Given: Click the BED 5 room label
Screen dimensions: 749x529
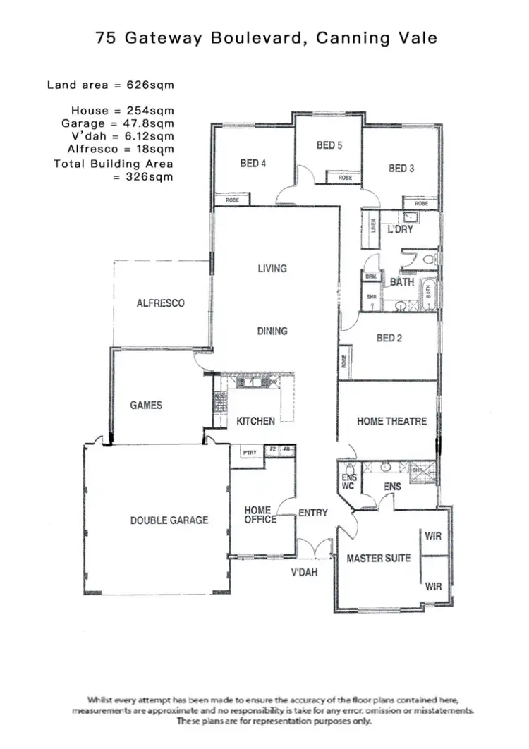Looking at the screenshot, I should (329, 145).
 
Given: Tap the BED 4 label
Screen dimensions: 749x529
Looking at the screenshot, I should (253, 164).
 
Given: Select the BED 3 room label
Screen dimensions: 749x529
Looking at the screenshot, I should (401, 169).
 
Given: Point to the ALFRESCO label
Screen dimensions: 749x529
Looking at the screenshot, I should (161, 303).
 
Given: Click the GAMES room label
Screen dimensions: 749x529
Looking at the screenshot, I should (146, 406).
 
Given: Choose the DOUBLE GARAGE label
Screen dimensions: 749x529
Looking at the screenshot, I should (169, 520).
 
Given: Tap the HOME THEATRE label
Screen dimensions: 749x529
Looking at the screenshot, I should (391, 421).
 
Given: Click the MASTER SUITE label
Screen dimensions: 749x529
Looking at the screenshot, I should (379, 559).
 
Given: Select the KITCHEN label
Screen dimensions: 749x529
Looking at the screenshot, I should (255, 421).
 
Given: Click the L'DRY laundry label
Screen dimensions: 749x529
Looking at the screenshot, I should (400, 230).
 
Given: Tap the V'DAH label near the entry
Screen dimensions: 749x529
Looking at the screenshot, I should (304, 573).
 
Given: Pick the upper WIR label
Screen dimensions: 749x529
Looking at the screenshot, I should (433, 536).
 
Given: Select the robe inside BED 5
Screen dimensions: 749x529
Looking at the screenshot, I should (345, 178).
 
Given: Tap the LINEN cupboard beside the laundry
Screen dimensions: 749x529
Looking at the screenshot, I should (373, 229).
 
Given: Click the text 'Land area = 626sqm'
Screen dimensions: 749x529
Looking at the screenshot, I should (110, 85).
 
